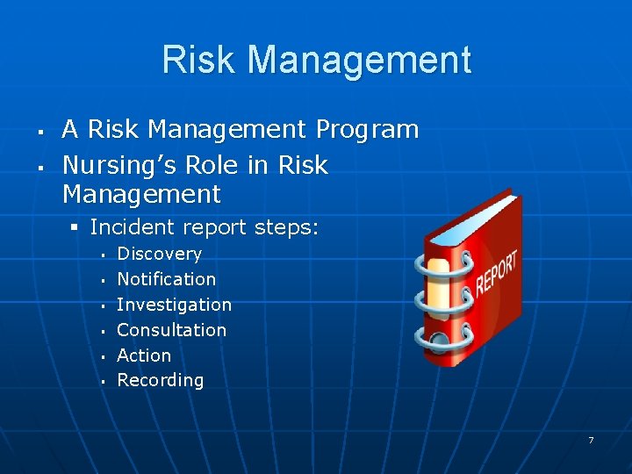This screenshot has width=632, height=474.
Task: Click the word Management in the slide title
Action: (x=360, y=61)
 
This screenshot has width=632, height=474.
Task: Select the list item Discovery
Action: (x=159, y=254)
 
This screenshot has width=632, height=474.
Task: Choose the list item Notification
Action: (x=166, y=279)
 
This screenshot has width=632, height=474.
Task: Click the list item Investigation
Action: (x=174, y=305)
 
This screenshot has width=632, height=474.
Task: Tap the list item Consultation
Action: (x=171, y=330)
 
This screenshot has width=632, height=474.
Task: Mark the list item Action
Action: (x=144, y=355)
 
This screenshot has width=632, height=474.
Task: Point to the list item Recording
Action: (x=160, y=380)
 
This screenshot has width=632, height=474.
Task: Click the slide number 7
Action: (x=591, y=440)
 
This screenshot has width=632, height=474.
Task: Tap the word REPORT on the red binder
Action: (x=497, y=272)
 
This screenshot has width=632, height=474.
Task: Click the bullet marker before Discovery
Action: (x=104, y=255)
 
